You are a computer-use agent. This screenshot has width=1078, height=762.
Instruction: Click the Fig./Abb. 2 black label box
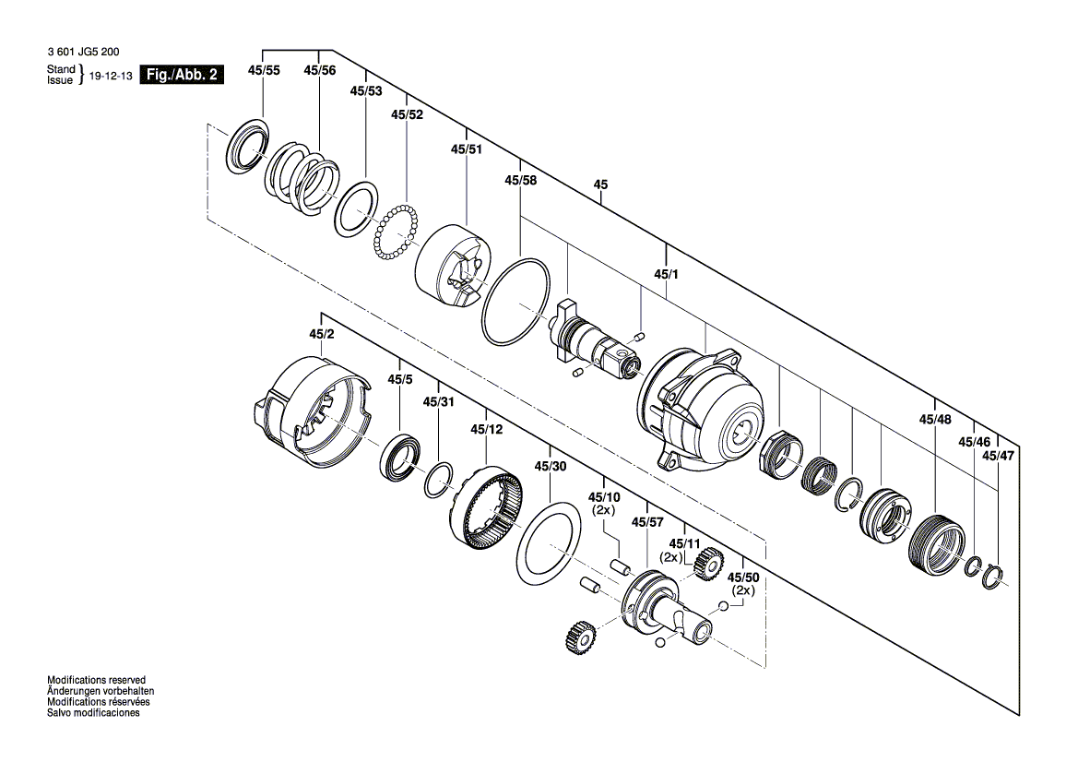pyautogui.click(x=181, y=75)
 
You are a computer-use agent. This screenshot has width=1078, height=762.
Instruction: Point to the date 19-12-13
pyautogui.click(x=110, y=76)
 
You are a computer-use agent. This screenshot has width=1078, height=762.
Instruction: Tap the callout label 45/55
pyautogui.click(x=264, y=70)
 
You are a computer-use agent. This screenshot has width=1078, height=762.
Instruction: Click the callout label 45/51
pyautogui.click(x=466, y=149)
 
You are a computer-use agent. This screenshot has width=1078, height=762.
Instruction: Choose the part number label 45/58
pyautogui.click(x=520, y=181)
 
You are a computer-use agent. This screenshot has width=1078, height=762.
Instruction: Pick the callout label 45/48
pyautogui.click(x=934, y=420)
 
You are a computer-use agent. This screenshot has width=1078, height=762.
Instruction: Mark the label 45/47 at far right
pyautogui.click(x=998, y=456)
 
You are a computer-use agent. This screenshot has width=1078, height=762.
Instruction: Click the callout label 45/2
pyautogui.click(x=321, y=334)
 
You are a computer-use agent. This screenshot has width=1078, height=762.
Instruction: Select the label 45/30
pyautogui.click(x=551, y=467)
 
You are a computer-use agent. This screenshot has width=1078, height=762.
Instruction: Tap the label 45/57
pyautogui.click(x=647, y=522)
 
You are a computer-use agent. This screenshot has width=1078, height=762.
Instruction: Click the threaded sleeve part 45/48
pyautogui.click(x=936, y=548)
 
